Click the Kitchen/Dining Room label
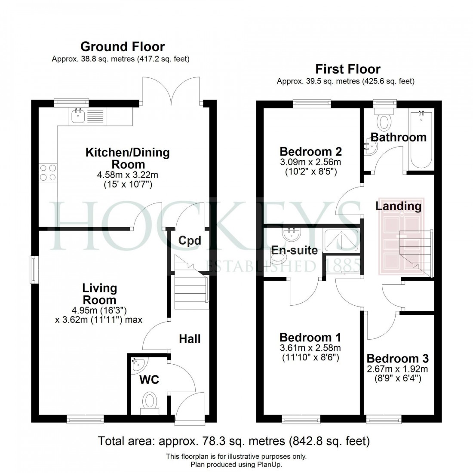click(x=128, y=158)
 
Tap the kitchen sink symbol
click(x=78, y=116)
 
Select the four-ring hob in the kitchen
click(x=48, y=172)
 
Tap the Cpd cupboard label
click(x=190, y=241)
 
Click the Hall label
click(x=190, y=339)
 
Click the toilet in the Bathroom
click(x=384, y=120)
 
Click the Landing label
click(x=398, y=206)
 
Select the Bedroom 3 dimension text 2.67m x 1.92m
click(x=397, y=369)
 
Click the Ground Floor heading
click(x=123, y=46)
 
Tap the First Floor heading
click(x=348, y=69)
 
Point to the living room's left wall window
click(x=33, y=270)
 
